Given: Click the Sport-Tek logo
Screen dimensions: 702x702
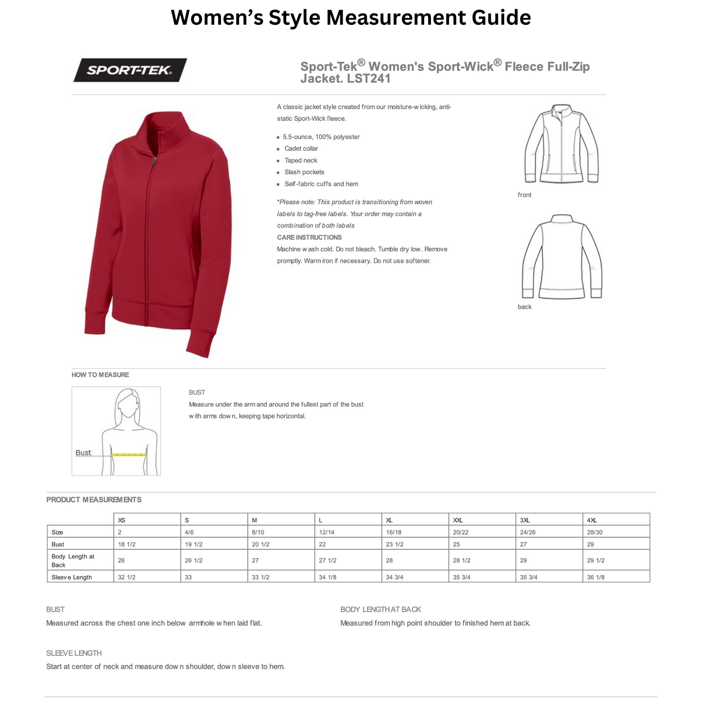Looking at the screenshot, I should pyautogui.click(x=130, y=70).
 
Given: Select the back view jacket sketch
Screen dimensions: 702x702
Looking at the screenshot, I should pyautogui.click(x=562, y=257).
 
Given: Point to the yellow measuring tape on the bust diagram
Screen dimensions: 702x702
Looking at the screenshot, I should pyautogui.click(x=129, y=455).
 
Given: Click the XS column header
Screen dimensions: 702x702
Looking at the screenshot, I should pyautogui.click(x=121, y=520).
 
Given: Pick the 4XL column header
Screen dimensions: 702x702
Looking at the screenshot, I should pyautogui.click(x=592, y=520).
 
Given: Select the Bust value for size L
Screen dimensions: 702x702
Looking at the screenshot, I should pyautogui.click(x=323, y=545).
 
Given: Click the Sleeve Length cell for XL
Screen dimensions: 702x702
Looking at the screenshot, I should pyautogui.click(x=394, y=577).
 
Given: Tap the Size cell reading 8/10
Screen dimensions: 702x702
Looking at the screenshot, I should pyautogui.click(x=258, y=532).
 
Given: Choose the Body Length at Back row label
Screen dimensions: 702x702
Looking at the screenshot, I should pyautogui.click(x=73, y=561).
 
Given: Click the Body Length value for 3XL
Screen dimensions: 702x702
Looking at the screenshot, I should pyautogui.click(x=523, y=561).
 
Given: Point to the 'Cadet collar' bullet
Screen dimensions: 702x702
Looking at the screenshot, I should pyautogui.click(x=301, y=149).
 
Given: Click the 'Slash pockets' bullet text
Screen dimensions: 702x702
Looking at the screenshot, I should pyautogui.click(x=304, y=172).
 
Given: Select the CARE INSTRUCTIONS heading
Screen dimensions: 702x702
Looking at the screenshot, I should pyautogui.click(x=309, y=238).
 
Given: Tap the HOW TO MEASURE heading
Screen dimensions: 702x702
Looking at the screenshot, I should pyautogui.click(x=100, y=375).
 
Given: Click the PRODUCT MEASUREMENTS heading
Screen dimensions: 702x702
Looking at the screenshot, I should pyautogui.click(x=94, y=500).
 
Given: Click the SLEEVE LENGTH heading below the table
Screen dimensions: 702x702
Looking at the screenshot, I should pyautogui.click(x=74, y=653).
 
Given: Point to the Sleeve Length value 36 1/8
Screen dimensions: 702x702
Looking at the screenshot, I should pyautogui.click(x=596, y=577).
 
